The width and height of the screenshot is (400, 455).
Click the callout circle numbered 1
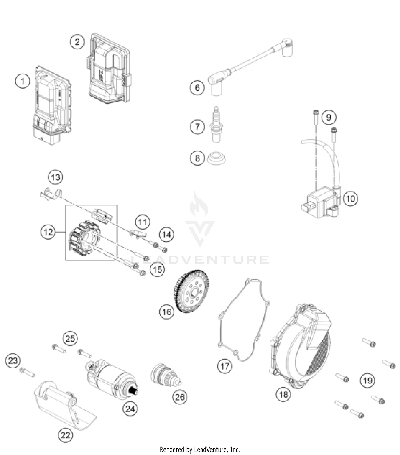(23, 81)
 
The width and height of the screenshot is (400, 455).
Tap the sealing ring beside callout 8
(217, 159)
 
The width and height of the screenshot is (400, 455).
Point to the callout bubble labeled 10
(350, 199)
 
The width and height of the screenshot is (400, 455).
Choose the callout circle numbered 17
(225, 366)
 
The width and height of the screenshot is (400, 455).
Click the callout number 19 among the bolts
(368, 381)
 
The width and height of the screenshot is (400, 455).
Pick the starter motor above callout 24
(112, 379)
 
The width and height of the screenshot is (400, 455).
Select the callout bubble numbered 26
(180, 397)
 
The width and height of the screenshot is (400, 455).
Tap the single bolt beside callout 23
(27, 372)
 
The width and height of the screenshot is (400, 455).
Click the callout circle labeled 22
(65, 436)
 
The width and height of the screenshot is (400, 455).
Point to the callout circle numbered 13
(55, 178)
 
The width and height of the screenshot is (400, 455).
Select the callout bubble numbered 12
(48, 232)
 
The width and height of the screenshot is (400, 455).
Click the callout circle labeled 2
(77, 42)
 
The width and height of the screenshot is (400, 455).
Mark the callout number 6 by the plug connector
(197, 88)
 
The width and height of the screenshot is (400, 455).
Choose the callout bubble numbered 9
(329, 117)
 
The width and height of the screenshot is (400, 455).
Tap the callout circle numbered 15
(157, 269)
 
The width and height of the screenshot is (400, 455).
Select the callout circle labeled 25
(70, 339)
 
